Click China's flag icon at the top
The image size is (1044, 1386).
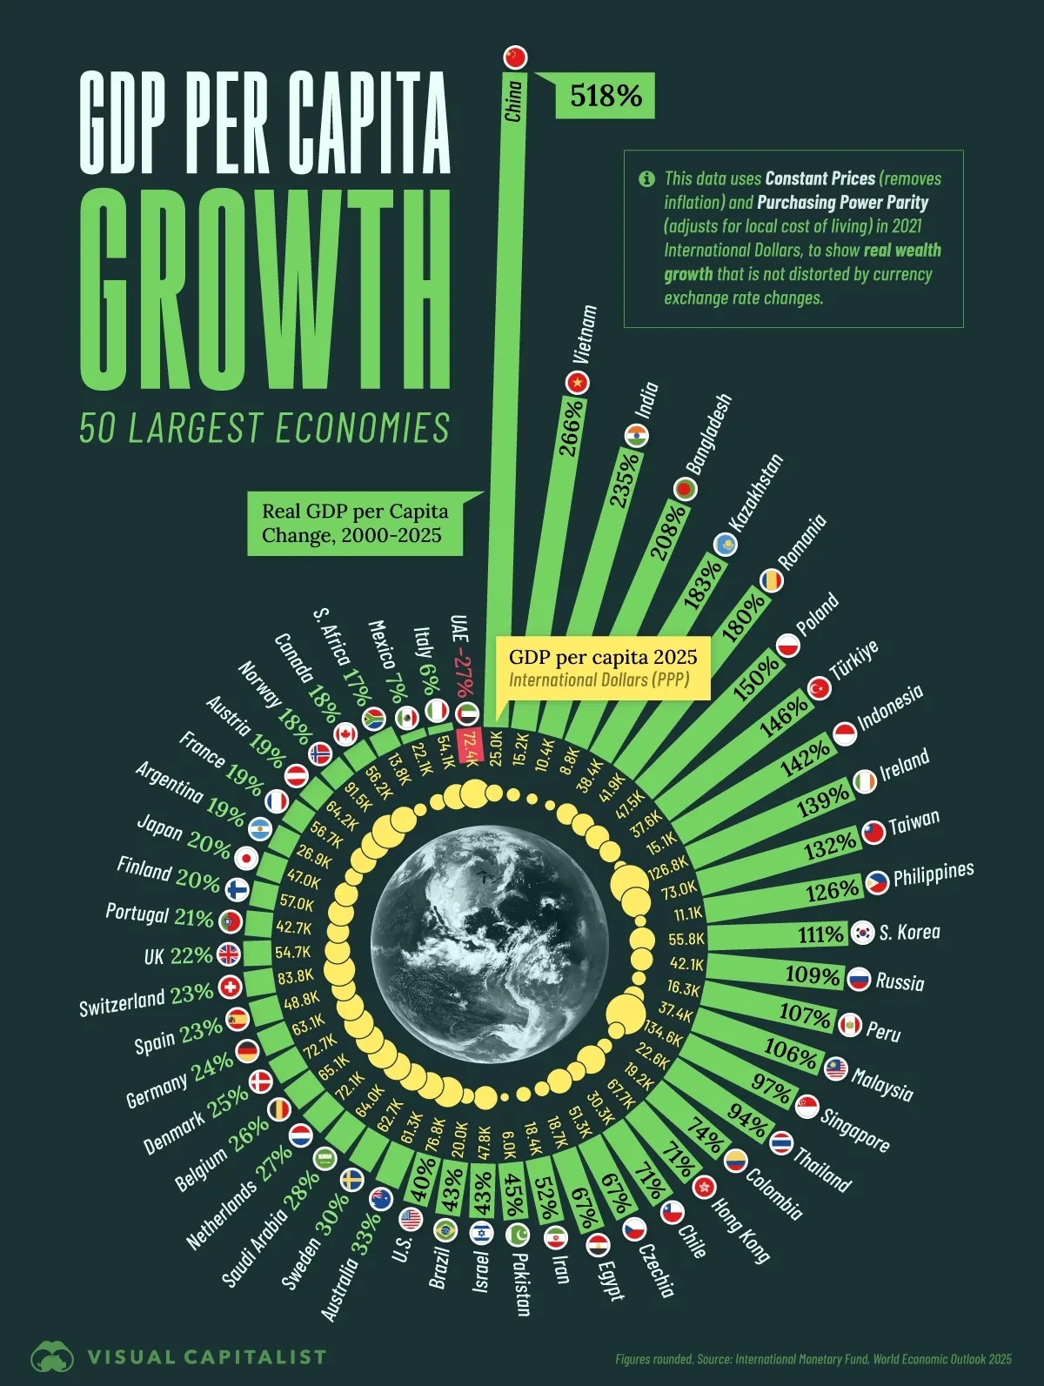(x=516, y=57)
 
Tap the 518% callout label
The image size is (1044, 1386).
(x=606, y=96)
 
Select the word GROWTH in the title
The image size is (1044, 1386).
(x=265, y=291)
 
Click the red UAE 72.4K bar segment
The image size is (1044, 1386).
(x=470, y=747)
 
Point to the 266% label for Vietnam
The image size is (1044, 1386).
(x=571, y=427)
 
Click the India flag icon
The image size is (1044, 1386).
(x=637, y=435)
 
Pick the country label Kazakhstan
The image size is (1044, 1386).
(x=755, y=493)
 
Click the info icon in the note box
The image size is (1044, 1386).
(x=646, y=179)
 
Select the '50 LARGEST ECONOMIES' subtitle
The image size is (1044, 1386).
(x=264, y=429)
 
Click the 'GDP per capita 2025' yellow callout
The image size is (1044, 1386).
(x=603, y=666)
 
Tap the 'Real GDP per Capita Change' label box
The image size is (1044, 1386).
(x=355, y=523)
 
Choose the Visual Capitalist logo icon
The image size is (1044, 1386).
(x=53, y=1356)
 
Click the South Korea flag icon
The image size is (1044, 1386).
(x=862, y=933)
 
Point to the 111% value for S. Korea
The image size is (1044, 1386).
(x=821, y=934)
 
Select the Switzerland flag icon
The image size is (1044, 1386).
(x=230, y=987)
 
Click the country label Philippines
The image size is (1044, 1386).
(x=934, y=874)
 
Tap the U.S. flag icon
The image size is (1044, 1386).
(x=411, y=1219)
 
